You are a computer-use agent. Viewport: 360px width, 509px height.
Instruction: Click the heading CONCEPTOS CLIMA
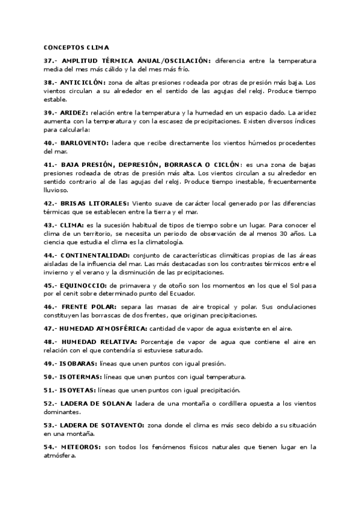[x=76, y=47]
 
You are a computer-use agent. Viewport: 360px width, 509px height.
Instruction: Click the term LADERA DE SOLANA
[x=97, y=403]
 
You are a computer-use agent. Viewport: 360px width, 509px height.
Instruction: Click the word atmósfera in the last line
[x=59, y=456]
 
